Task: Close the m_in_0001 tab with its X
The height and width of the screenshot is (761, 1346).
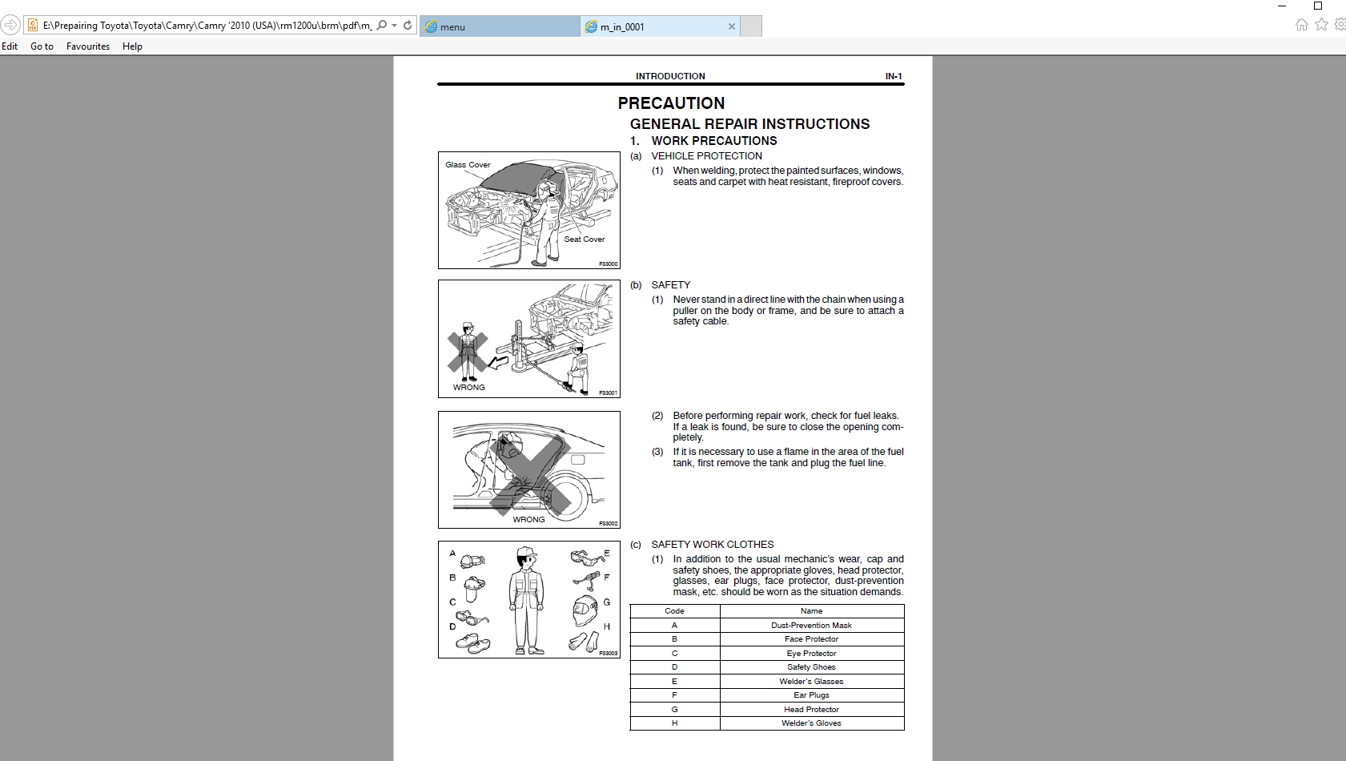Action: coord(731,26)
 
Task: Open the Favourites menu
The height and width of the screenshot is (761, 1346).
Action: coord(88,46)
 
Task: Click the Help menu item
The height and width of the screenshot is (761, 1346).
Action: coord(132,46)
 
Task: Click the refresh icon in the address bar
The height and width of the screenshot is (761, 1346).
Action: coord(408,26)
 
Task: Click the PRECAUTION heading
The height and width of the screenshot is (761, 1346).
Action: coord(671,103)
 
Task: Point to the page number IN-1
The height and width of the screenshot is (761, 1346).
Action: coord(894,76)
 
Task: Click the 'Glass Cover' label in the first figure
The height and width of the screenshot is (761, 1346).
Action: coord(468,165)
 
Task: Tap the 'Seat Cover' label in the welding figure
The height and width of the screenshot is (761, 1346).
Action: coord(585,240)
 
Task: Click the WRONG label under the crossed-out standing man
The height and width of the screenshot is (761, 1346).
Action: coord(469,388)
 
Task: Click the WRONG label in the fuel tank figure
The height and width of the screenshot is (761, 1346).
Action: coord(528,520)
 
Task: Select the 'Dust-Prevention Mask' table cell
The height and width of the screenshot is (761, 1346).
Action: coord(811,626)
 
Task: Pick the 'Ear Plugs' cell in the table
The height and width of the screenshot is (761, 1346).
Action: coord(811,695)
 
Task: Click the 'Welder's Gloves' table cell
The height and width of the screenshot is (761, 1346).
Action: coord(811,723)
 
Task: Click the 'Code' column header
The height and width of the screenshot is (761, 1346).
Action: coord(674,611)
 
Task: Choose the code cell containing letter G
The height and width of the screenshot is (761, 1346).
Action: coord(674,710)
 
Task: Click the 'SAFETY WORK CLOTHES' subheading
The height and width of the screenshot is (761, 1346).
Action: coord(712,545)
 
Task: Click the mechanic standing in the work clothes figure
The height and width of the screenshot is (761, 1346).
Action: coord(526,601)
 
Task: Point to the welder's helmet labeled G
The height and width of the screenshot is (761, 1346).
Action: coord(585,610)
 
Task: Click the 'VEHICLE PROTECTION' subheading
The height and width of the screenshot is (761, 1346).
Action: coord(706,156)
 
